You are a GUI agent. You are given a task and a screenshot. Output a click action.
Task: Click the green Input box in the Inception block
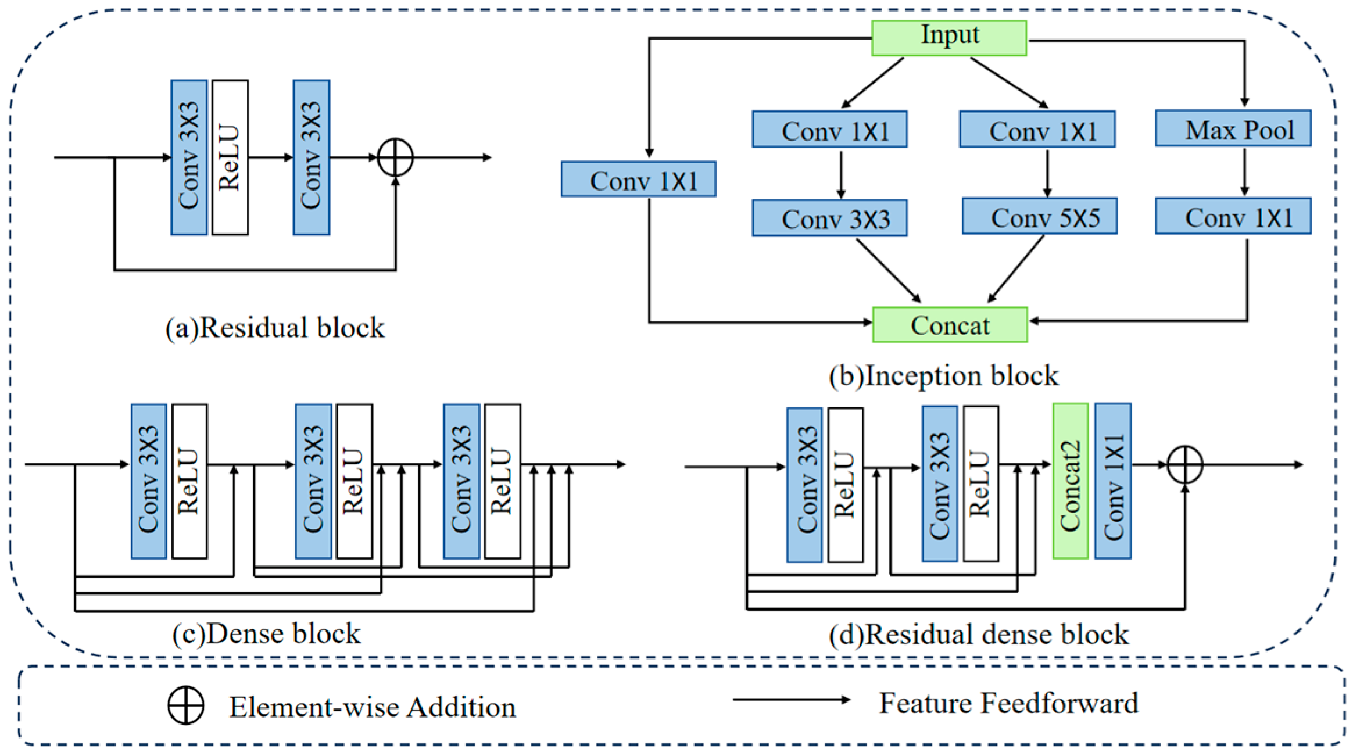[948, 37]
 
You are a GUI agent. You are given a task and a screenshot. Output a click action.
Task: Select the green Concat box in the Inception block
[950, 325]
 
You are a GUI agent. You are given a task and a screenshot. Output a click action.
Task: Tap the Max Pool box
[1233, 128]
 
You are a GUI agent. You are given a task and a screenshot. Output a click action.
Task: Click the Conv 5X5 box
[1039, 217]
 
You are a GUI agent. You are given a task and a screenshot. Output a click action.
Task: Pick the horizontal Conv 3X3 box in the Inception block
[829, 218]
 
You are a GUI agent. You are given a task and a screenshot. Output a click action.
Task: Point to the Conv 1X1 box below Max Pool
[1233, 216]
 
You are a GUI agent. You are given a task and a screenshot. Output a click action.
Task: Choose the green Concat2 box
[1070, 481]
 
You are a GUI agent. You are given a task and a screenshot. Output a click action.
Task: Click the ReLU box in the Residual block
[230, 157]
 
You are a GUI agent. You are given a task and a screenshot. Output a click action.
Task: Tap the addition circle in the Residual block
[395, 157]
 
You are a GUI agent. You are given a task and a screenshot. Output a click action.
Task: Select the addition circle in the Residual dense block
[1184, 464]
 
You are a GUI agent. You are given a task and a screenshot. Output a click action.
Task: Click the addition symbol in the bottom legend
[185, 706]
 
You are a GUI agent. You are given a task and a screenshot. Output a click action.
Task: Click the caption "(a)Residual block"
[275, 328]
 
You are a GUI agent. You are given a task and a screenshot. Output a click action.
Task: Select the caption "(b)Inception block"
[943, 376]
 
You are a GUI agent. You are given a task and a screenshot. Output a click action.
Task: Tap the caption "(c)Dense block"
[266, 634]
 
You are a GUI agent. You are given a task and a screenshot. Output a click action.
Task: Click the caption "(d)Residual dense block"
[979, 635]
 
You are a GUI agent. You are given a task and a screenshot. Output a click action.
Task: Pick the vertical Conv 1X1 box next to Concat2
[1112, 481]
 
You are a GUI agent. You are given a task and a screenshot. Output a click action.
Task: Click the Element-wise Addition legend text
[372, 707]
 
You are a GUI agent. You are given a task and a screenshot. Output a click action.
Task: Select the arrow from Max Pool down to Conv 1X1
[1244, 172]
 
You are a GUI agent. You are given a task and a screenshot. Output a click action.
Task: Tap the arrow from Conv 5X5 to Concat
[1015, 269]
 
